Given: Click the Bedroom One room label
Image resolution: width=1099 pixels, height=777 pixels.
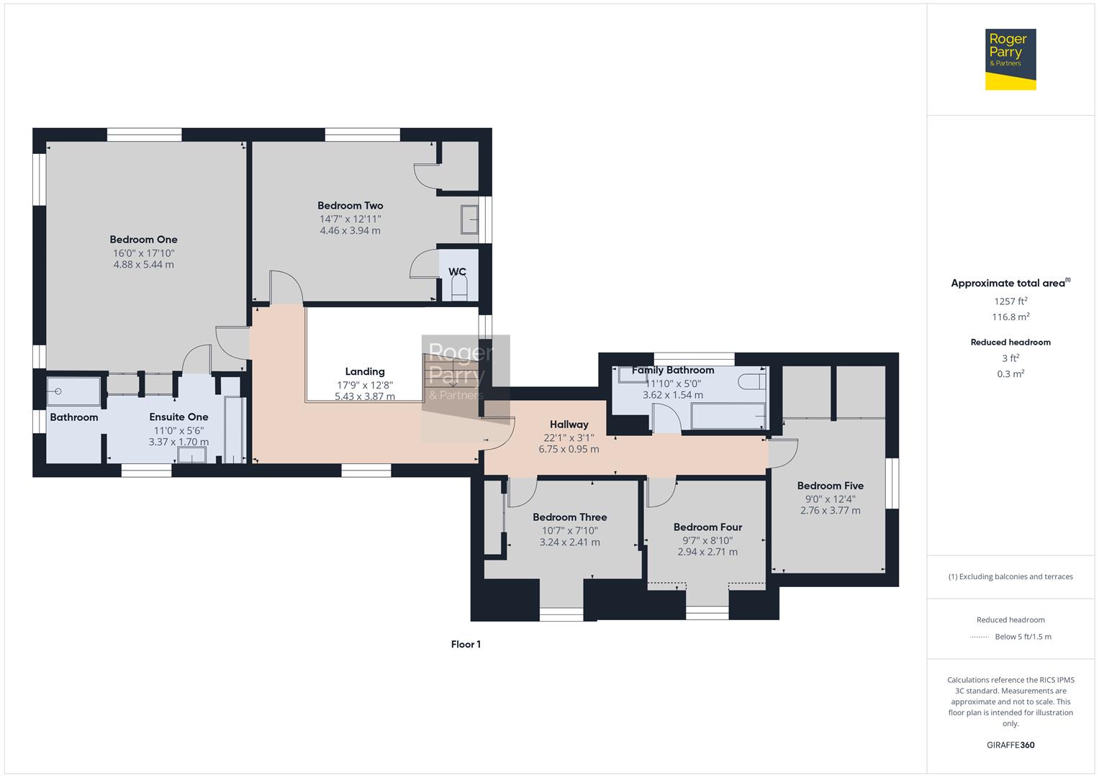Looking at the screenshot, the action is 143,240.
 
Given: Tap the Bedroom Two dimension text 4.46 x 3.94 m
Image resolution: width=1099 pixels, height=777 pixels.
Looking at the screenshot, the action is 350,230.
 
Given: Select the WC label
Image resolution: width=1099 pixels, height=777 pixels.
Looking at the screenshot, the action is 457,271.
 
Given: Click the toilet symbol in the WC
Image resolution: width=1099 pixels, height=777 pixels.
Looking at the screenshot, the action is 459,288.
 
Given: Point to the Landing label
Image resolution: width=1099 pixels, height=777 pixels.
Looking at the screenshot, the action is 365,371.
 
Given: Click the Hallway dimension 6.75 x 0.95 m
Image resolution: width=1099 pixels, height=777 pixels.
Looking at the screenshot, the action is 569,449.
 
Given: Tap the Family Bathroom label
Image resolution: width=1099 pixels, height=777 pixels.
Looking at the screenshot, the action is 673,370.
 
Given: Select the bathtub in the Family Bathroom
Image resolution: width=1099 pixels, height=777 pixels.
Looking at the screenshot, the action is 728,416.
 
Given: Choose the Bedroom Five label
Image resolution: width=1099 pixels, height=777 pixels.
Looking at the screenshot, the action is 830,486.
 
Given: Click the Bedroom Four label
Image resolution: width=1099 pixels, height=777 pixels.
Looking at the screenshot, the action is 707,527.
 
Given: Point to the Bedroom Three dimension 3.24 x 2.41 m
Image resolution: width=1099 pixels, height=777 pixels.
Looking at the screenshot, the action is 569,542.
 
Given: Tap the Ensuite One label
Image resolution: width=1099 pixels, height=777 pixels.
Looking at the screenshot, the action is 178,417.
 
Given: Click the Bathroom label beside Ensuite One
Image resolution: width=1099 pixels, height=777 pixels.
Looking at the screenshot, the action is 74,417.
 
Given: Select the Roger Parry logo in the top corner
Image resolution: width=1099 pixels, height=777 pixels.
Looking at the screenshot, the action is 1010,59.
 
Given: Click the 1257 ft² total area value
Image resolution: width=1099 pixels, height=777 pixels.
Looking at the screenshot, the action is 1010,301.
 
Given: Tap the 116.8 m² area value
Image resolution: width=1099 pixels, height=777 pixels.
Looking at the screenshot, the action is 1010,317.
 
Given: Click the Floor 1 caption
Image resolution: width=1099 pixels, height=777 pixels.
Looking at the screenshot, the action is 466,644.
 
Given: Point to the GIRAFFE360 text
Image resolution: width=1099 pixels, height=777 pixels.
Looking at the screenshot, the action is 1010,745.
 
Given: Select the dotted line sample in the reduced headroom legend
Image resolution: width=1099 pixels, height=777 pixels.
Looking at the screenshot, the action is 980,637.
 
